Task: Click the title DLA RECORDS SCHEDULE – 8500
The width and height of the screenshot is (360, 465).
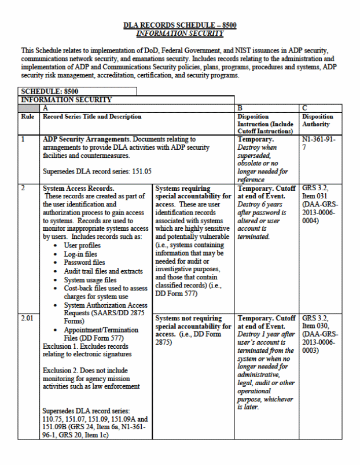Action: pyautogui.click(x=179, y=25)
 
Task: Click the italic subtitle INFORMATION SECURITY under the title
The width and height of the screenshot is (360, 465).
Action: pyautogui.click(x=179, y=34)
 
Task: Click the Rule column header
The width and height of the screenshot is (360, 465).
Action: pyautogui.click(x=27, y=117)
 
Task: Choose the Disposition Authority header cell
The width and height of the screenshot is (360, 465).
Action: pyautogui.click(x=317, y=120)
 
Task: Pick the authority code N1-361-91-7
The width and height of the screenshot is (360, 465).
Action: pyautogui.click(x=319, y=143)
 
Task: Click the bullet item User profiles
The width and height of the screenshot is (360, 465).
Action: pyautogui.click(x=85, y=245)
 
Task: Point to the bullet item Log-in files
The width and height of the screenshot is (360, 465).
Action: pyautogui.click(x=81, y=254)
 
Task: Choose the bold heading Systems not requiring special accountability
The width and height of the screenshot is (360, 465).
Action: pyautogui.click(x=189, y=323)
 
